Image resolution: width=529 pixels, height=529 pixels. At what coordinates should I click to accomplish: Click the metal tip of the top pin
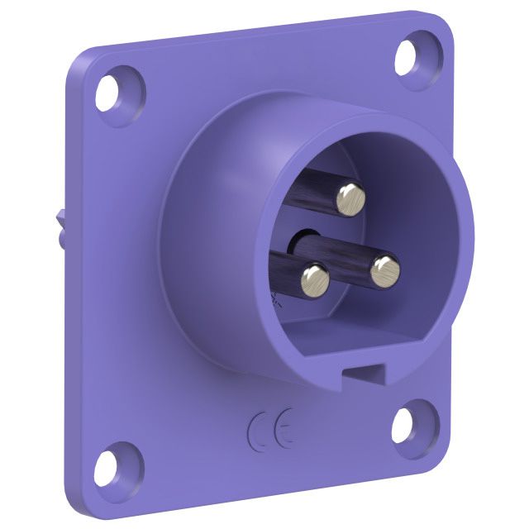point(350,200)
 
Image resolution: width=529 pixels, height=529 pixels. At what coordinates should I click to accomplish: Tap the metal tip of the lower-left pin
point(315,280)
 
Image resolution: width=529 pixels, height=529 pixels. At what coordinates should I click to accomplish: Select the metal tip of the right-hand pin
point(385,271)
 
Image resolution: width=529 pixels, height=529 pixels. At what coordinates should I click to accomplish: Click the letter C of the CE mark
point(259,432)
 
